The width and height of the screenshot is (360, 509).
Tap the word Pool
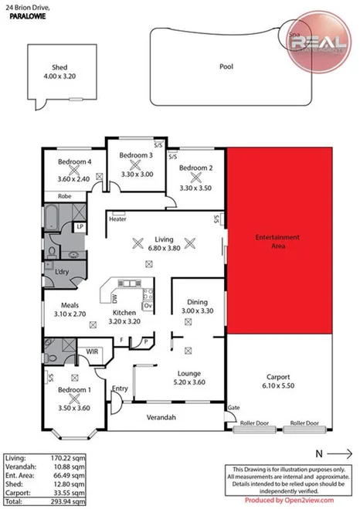[226, 66]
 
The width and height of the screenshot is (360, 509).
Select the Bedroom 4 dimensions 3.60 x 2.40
[74, 179]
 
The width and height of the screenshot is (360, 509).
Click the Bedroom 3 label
[135, 155]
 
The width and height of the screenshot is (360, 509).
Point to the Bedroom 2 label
[195, 168]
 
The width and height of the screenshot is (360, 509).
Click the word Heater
[117, 219]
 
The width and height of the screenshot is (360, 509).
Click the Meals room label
[62, 306]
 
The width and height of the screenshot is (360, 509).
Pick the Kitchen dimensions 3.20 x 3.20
[125, 321]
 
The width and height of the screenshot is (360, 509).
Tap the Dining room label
[195, 302]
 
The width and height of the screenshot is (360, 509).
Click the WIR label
[91, 351]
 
